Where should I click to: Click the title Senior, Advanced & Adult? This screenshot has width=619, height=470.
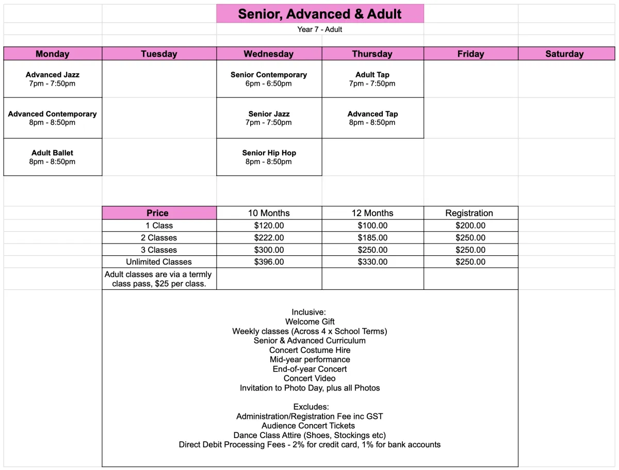[320, 14]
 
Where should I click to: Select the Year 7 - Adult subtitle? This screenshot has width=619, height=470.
[320, 29]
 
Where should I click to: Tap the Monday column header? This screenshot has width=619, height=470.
[53, 54]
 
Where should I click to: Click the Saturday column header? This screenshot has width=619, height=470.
[564, 54]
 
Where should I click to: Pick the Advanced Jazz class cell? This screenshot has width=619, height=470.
[53, 79]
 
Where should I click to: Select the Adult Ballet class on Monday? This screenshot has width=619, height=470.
[53, 157]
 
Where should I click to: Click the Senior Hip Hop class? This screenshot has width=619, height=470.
[269, 157]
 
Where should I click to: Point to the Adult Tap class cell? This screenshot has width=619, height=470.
[372, 79]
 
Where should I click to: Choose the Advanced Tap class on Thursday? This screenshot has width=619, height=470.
[372, 118]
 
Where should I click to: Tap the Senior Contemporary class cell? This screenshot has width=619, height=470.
[269, 79]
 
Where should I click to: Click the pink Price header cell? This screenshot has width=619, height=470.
[158, 213]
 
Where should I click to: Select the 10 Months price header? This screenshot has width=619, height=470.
[269, 213]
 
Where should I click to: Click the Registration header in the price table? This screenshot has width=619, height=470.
[469, 213]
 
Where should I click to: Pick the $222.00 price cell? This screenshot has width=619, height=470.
[269, 238]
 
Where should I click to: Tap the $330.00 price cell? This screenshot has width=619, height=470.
[372, 262]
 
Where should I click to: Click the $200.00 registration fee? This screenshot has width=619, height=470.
[470, 225]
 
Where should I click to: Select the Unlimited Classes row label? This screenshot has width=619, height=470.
[159, 262]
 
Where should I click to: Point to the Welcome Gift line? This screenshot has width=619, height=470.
[309, 322]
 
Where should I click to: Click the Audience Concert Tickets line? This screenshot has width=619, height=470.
[308, 426]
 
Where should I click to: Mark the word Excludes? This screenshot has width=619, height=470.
[311, 407]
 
